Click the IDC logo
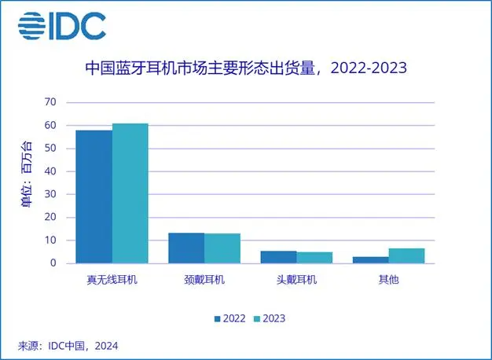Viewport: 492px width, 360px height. [62, 25]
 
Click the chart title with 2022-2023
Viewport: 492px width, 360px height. [245, 68]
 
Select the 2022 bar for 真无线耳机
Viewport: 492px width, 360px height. [94, 197]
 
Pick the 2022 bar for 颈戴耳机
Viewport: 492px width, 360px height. [186, 248]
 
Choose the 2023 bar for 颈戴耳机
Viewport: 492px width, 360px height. [222, 248]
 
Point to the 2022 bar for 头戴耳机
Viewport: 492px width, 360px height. [279, 257]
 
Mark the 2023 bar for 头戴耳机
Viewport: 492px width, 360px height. [314, 258]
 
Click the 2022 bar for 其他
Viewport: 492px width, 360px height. [371, 260]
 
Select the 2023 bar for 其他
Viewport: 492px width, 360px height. [406, 255]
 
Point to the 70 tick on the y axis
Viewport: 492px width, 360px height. [50, 102]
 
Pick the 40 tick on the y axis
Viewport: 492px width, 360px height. [50, 171]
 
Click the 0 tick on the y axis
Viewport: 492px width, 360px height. [53, 263]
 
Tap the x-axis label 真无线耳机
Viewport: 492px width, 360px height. [112, 280]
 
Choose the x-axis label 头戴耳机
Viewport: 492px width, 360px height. [297, 280]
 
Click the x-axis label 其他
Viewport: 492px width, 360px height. [388, 280]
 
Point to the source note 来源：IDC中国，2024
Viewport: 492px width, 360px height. [68, 345]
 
